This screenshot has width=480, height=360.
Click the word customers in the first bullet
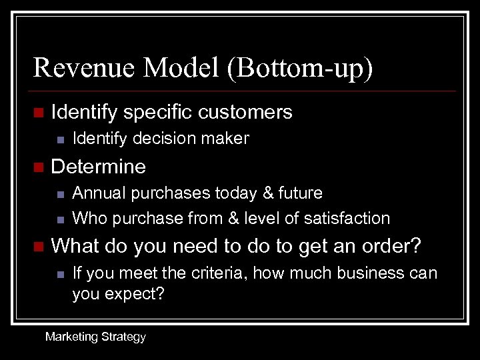pos(247,112)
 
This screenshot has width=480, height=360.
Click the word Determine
pos(98,165)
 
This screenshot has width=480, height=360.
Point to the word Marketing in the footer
pos(71,337)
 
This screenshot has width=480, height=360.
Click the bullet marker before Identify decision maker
pos(60,139)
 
